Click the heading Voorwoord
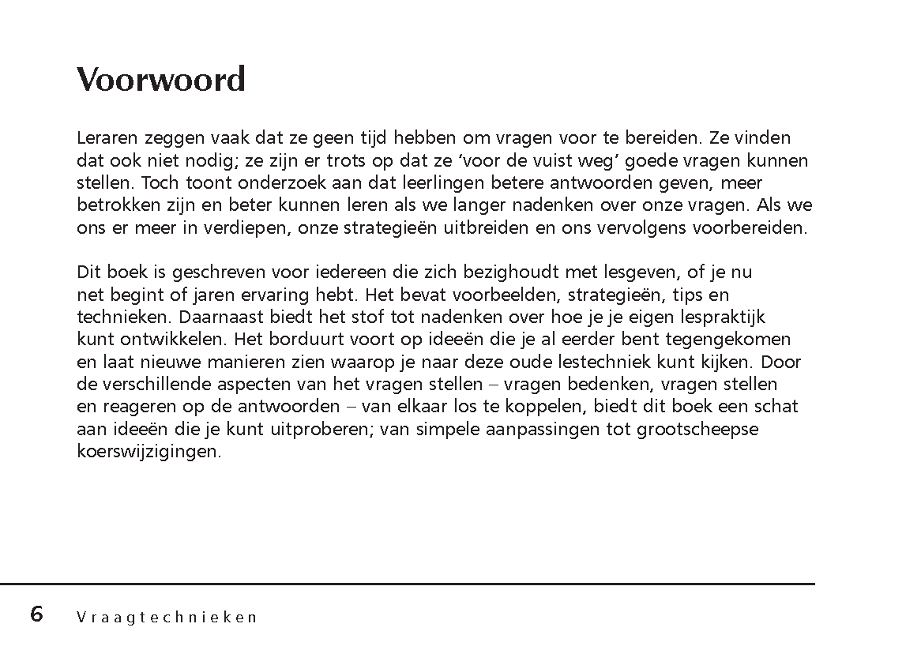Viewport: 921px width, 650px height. click(x=161, y=80)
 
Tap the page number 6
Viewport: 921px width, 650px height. click(x=36, y=614)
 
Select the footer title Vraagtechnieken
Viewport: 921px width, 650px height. click(x=167, y=617)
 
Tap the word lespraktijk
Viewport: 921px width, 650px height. click(x=721, y=317)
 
